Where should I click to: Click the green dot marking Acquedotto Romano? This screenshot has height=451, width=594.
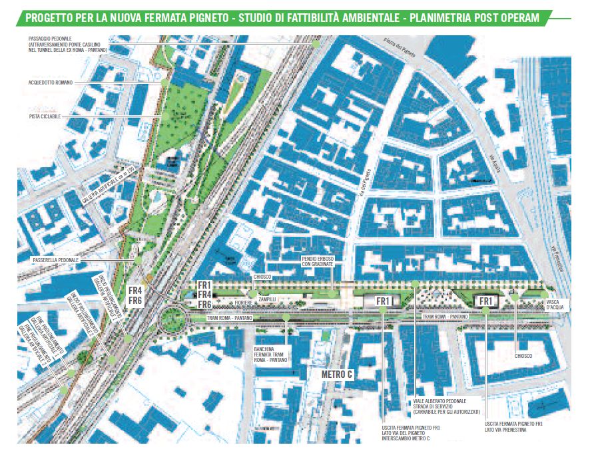coord(164,82)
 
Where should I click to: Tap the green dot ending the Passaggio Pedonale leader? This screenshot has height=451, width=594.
coord(317,43)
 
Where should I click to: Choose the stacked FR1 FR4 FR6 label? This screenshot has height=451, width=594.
coord(205,294)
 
